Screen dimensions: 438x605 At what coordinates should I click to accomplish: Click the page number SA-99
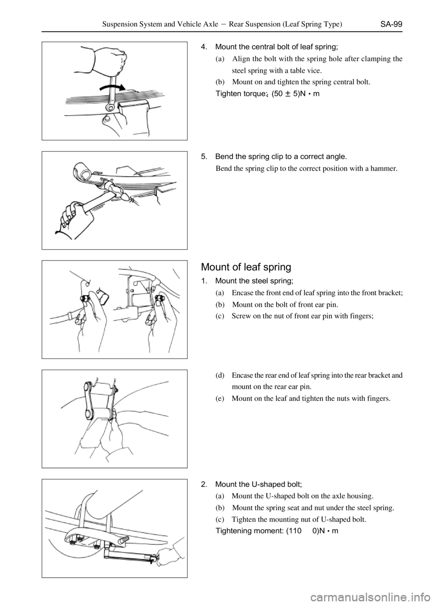pyautogui.click(x=391, y=24)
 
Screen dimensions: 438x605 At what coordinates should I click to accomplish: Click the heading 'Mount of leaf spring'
pyautogui.click(x=246, y=267)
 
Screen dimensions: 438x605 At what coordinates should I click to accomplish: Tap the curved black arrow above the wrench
pyautogui.click(x=113, y=87)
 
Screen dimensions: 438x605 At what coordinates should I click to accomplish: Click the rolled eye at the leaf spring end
pyautogui.click(x=83, y=172)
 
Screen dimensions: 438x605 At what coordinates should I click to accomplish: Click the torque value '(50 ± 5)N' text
pyautogui.click(x=289, y=94)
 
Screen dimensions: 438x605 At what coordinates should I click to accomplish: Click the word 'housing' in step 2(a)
pyautogui.click(x=362, y=496)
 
